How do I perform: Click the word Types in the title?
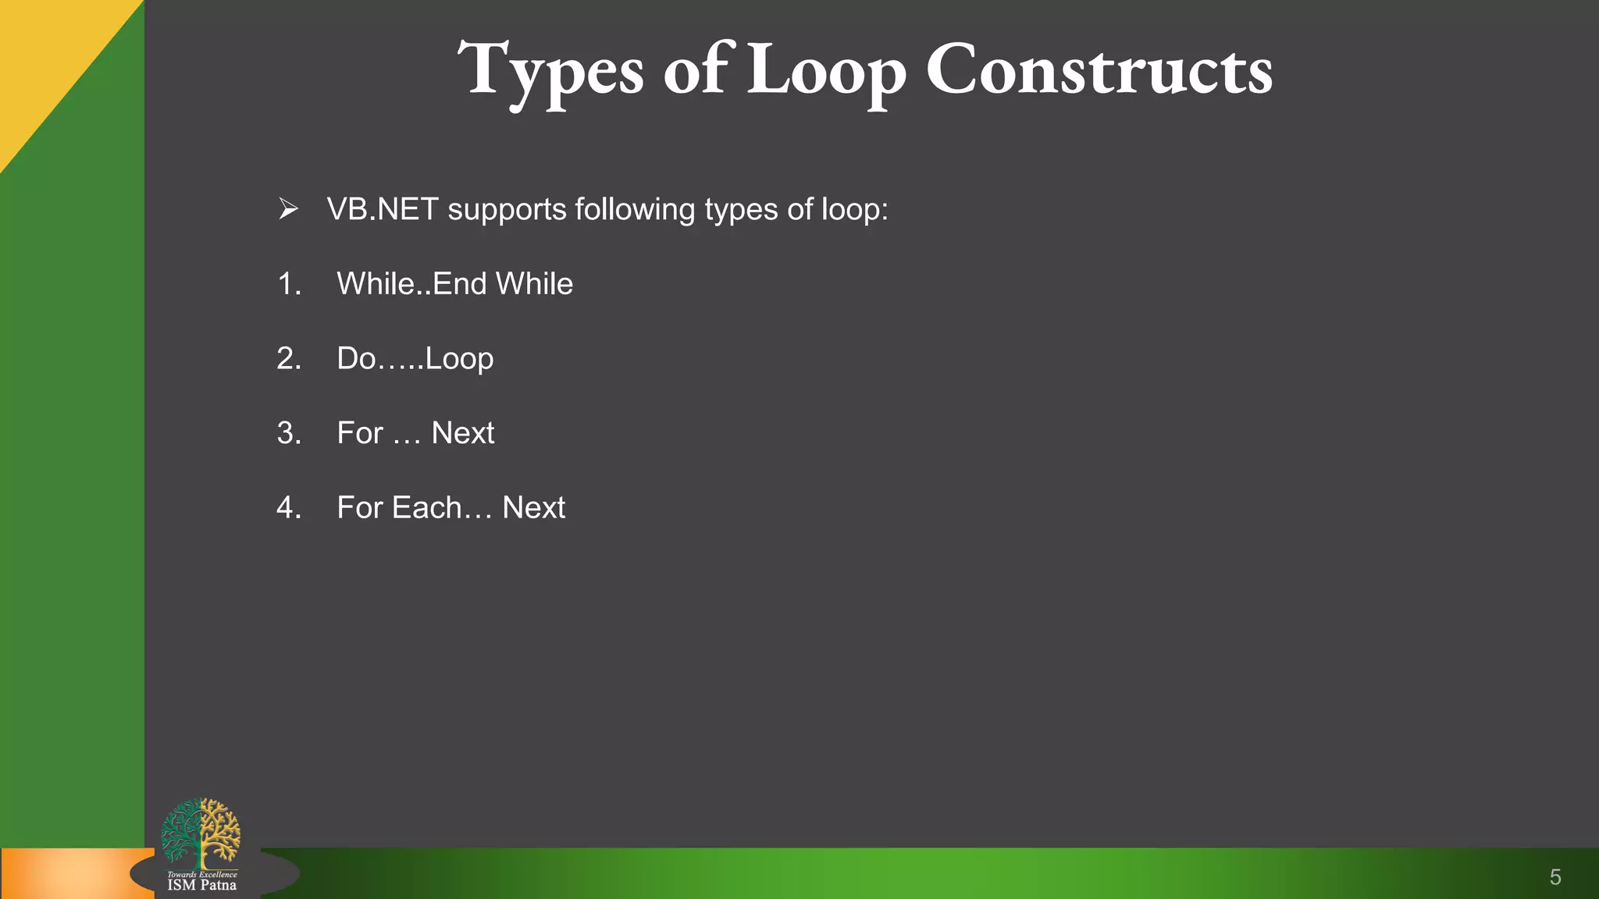550,72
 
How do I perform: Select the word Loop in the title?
826,72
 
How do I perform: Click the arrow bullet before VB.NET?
288,209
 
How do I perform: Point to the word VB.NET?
382,209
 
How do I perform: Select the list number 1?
288,284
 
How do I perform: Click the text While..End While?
454,284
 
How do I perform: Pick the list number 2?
288,358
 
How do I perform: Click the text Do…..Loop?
415,359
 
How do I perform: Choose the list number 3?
288,433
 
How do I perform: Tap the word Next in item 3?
462,433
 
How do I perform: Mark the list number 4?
288,508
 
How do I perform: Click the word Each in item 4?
426,508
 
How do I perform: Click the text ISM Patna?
201,885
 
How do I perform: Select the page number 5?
1554,877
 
